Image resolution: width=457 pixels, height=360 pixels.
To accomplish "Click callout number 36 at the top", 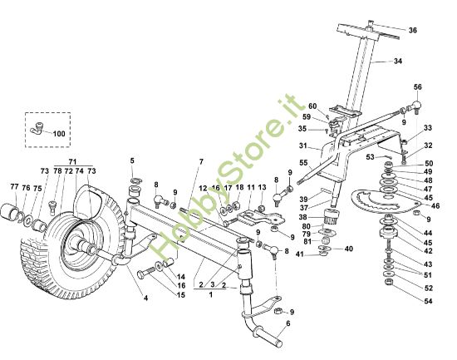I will point(413,30).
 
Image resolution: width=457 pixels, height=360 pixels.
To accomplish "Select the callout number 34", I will point(397,61).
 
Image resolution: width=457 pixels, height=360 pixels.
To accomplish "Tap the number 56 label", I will point(418,86).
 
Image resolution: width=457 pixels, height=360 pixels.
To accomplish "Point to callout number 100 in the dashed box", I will point(58,133).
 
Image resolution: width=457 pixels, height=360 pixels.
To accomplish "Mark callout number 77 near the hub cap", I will point(14,188).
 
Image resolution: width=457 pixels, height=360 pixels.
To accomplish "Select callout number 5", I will point(131,160).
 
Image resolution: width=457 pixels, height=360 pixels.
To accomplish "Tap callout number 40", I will point(349,249).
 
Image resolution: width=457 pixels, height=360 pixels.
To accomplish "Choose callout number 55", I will point(303,163).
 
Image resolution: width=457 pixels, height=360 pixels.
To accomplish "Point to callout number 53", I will point(383,155).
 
